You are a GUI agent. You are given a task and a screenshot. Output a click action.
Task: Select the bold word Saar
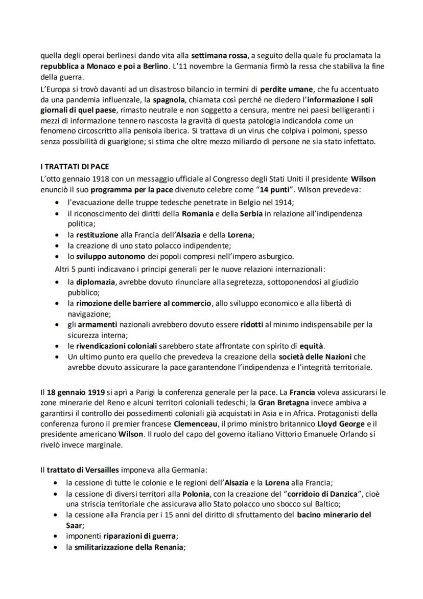tap(75, 525)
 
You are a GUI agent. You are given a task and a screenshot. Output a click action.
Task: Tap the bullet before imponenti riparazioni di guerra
tap(56, 536)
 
